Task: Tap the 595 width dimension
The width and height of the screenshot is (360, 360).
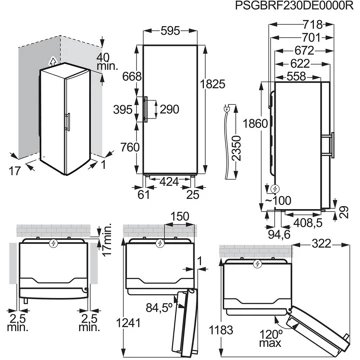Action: [170, 31]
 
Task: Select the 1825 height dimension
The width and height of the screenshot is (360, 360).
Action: [213, 84]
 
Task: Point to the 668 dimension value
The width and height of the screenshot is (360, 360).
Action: [132, 76]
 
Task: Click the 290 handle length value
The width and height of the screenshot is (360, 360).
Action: [169, 109]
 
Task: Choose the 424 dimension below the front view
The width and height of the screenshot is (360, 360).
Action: [170, 182]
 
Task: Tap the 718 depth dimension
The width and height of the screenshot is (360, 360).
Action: [313, 25]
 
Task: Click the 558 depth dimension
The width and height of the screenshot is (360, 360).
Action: [296, 76]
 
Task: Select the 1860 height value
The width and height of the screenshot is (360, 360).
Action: [255, 124]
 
